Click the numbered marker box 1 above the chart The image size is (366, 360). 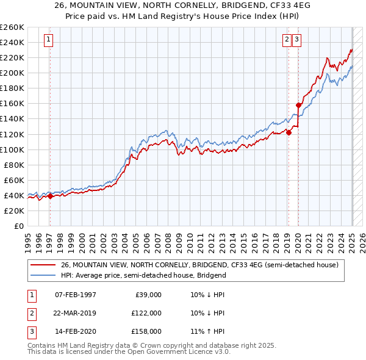[49, 40]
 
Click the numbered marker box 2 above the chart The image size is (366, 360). [287, 40]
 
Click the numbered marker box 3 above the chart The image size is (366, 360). [297, 40]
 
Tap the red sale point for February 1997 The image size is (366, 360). [50, 196]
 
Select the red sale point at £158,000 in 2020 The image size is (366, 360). [298, 105]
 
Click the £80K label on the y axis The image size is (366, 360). [14, 165]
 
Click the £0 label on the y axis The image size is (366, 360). [18, 226]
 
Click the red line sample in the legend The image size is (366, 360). [43, 265]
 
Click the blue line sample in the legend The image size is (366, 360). [43, 275]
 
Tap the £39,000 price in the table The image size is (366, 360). [148, 295]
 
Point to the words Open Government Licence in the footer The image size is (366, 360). [165, 352]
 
